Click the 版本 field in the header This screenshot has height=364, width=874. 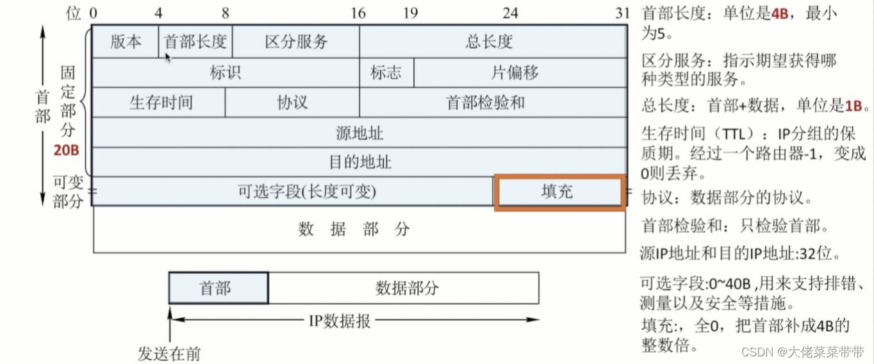(x=126, y=42)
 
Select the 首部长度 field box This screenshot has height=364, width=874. (x=195, y=42)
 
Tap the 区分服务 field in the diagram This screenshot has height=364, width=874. (x=296, y=42)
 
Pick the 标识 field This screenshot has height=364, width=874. (x=226, y=72)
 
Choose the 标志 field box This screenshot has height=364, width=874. (x=386, y=72)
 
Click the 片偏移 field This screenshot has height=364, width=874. (x=520, y=72)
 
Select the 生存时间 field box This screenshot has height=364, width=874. (x=160, y=103)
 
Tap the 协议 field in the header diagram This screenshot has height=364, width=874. (x=292, y=103)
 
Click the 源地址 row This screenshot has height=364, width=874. (x=359, y=133)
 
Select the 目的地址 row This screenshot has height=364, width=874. (x=359, y=161)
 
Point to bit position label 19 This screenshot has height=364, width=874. (x=411, y=13)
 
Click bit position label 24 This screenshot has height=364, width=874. (x=510, y=13)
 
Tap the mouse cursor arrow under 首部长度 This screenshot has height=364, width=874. (x=168, y=58)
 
